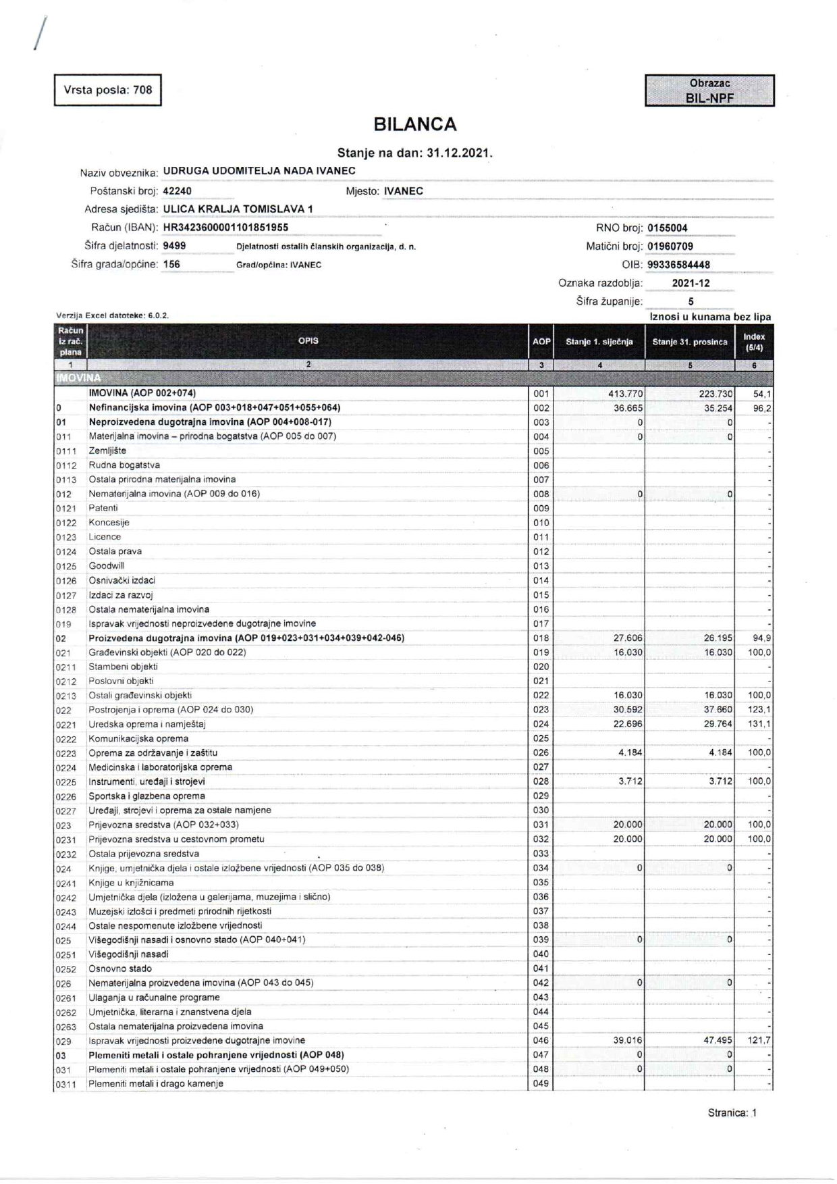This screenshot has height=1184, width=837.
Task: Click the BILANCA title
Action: [415, 124]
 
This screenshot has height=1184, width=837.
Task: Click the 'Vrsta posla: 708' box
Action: [108, 90]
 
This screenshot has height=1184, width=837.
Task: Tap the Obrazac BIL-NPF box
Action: [709, 91]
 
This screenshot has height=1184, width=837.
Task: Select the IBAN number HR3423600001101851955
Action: [225, 228]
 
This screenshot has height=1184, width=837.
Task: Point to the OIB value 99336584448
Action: [678, 265]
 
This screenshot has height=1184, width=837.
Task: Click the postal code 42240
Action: [178, 191]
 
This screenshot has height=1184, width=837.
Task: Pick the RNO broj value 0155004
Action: [667, 228]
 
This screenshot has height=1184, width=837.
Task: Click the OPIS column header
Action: [308, 341]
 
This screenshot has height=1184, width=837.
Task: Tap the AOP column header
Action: [541, 342]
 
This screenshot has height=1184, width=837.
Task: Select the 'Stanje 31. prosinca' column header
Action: [690, 342]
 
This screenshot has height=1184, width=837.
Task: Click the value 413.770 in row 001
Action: [625, 394]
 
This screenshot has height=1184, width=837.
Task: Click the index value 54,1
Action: [761, 394]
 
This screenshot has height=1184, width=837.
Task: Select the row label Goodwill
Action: [107, 566]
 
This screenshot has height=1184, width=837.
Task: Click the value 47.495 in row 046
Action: [718, 1040]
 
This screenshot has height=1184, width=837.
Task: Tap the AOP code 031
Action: [541, 825]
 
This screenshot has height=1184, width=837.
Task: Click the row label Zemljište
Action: [107, 451]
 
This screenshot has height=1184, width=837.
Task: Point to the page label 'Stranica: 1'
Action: [732, 1112]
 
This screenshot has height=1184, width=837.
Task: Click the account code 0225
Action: [66, 782]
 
